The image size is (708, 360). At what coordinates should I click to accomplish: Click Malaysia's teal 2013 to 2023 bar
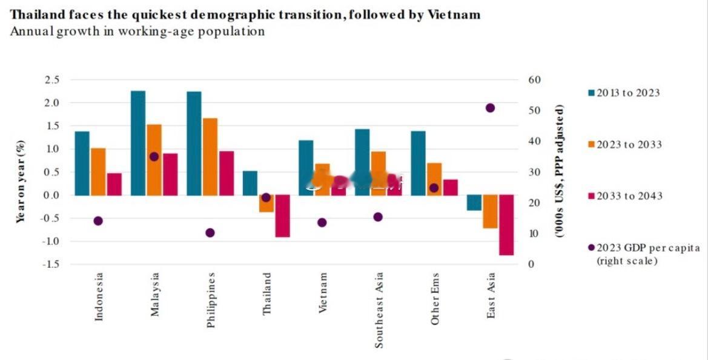[x=138, y=143]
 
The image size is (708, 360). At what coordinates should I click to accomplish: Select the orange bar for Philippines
[x=210, y=156]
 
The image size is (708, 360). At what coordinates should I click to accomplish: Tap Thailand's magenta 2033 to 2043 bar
[x=282, y=216]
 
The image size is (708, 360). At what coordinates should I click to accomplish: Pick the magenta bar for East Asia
[x=506, y=225]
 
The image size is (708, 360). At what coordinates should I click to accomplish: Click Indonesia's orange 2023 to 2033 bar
[x=98, y=172]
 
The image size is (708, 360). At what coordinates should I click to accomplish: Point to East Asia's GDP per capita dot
[x=490, y=108]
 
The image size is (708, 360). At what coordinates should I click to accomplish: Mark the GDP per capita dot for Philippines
[x=210, y=233]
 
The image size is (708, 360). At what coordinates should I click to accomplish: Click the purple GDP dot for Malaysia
[x=154, y=156]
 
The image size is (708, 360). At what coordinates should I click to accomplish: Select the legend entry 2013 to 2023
[x=624, y=93]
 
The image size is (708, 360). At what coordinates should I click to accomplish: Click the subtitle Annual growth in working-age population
[x=137, y=32]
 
